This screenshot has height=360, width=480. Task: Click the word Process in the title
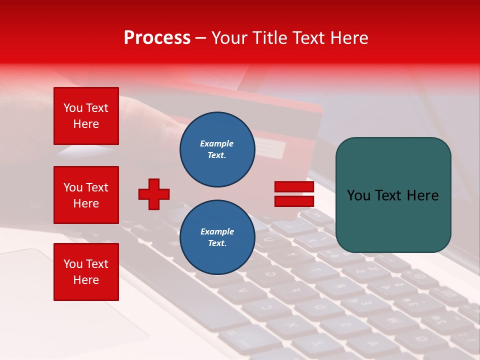click(157, 38)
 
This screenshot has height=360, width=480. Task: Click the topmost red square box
click(86, 116)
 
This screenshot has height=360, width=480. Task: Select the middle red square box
click(86, 195)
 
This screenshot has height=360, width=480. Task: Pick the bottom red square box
click(86, 272)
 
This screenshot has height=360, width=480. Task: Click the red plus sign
click(154, 194)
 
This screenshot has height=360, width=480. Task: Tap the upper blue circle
click(217, 149)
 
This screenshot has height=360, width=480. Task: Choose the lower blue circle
click(217, 237)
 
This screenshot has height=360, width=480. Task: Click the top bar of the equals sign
click(294, 187)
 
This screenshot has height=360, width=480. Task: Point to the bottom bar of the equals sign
click(294, 201)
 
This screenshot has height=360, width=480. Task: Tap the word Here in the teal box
click(423, 195)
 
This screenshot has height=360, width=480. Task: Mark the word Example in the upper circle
click(217, 143)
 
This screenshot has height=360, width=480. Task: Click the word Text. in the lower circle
click(217, 243)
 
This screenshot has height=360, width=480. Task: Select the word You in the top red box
click(72, 108)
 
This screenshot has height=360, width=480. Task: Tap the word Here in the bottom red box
click(86, 280)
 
